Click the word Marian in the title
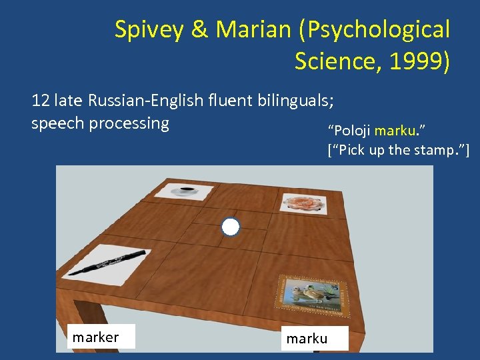247,30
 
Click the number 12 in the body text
40,101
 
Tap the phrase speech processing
100,123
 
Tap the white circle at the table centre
230,227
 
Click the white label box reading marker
101,337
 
